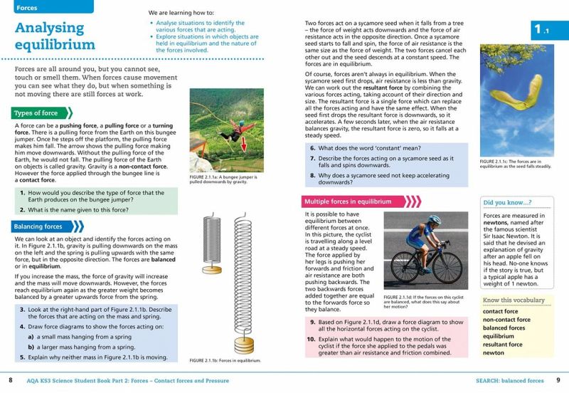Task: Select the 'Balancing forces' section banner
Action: (x=38, y=226)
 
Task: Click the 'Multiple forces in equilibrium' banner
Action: (x=348, y=201)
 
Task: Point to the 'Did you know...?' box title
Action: (x=507, y=202)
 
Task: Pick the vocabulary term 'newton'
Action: (x=494, y=353)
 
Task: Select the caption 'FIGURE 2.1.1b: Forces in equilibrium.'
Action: (x=225, y=361)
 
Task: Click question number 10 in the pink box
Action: (x=311, y=339)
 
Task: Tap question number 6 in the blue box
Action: (x=312, y=148)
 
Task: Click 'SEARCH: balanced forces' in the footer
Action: (x=510, y=381)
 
